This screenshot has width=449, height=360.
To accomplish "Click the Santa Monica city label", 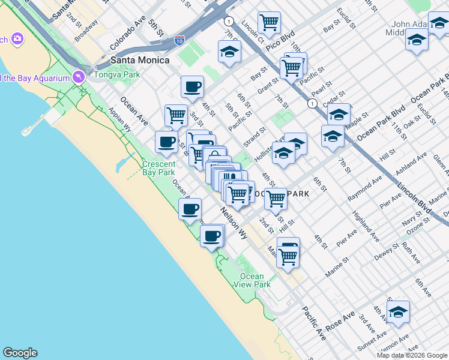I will coord(139,60).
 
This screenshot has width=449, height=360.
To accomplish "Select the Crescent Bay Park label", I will coord(158,169).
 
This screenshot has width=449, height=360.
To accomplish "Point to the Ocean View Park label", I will coord(252,280).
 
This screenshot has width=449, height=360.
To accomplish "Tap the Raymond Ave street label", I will coord(364,188).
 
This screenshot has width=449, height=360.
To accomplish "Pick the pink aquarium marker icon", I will coord(78,77).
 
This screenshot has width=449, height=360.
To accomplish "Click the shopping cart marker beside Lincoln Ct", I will coord(269,23).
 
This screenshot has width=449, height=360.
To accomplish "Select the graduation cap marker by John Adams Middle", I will coord(416,40).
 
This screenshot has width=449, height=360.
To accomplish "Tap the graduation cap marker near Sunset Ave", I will coord(397,312).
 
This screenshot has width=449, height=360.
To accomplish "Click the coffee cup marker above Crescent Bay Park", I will coord(166,142).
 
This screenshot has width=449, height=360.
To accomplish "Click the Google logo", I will coord(20,353).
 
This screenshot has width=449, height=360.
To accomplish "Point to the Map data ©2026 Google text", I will coord(411,355).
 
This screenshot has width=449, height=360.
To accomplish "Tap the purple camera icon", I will coord(17,39).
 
